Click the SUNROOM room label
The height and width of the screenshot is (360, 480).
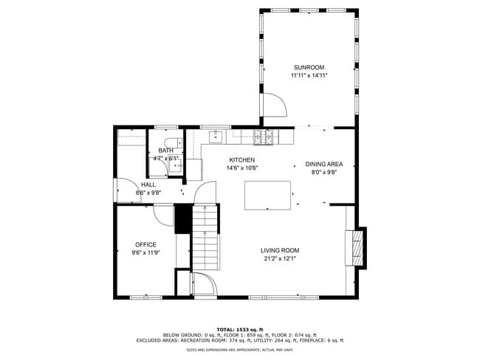pos(308,66)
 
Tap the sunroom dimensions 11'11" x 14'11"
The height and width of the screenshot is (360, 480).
pos(308,75)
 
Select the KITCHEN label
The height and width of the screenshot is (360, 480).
pos(241,160)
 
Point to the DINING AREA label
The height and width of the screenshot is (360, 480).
pos(324,165)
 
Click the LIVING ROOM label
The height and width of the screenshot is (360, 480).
pos(280,250)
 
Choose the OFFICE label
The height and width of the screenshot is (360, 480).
pos(145,244)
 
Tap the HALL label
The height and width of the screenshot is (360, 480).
pos(148,184)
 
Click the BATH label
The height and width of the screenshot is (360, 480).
pos(166,150)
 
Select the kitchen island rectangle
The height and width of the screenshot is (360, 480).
pos(268,195)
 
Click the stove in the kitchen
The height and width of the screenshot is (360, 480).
pos(263,136)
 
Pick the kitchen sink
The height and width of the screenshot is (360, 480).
pos(216,136)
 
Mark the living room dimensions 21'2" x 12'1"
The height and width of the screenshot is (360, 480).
pos(280,258)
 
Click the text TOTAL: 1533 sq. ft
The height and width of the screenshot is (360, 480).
pos(239,329)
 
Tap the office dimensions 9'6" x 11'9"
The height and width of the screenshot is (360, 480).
pos(145,252)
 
